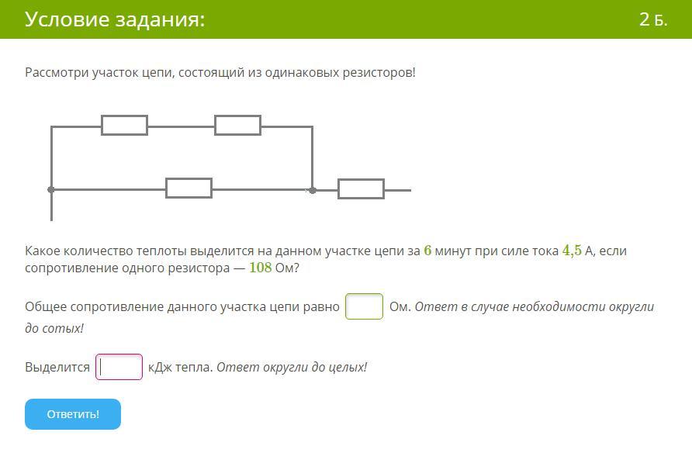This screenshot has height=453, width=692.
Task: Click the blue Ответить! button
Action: (73, 414)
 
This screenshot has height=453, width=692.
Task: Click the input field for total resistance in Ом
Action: (364, 306)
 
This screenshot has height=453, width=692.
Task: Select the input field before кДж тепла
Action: (119, 367)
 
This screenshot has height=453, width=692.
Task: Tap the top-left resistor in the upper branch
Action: (124, 125)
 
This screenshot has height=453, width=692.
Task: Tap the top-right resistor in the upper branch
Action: (238, 125)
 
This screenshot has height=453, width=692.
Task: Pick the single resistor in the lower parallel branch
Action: (189, 188)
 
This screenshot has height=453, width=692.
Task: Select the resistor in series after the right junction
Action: (361, 189)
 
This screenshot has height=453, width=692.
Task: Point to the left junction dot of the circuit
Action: (51, 190)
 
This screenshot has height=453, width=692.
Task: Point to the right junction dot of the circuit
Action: (313, 191)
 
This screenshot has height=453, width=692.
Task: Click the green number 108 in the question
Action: (261, 268)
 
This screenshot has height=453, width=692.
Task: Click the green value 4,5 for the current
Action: (572, 251)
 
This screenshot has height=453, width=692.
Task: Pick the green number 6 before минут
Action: (427, 250)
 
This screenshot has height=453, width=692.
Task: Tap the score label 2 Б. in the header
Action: (653, 19)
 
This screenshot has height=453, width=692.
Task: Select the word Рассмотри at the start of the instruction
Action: (57, 73)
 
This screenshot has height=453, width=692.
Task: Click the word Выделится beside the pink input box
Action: (57, 368)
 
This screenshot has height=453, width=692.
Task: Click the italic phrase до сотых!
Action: (54, 328)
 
